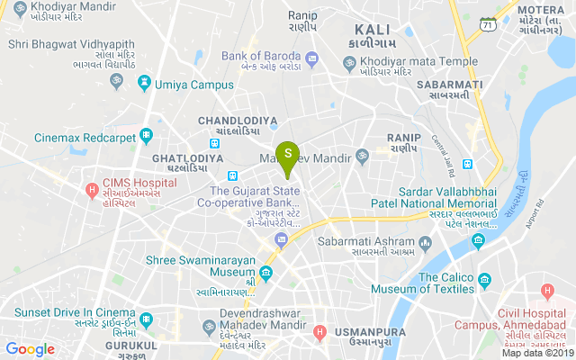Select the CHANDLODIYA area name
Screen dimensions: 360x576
coord(238,119)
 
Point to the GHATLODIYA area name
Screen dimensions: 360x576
coord(187,158)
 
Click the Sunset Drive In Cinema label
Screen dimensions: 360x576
coord(67,312)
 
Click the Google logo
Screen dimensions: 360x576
coord(30,349)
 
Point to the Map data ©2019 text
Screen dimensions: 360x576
coord(536,354)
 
